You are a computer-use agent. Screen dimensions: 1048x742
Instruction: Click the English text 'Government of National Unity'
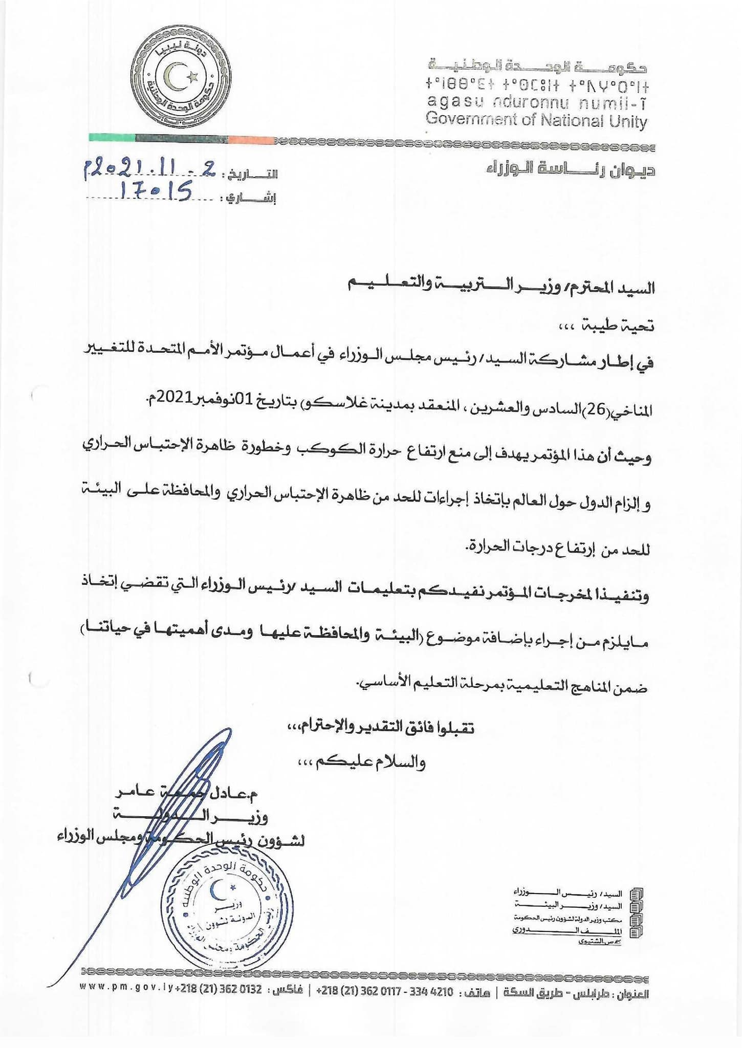coord(536,121)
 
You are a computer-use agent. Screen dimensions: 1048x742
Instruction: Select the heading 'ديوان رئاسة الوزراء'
coord(570,169)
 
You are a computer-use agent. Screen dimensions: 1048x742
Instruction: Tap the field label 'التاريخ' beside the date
coord(250,174)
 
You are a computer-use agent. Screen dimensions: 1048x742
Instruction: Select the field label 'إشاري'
coord(249,198)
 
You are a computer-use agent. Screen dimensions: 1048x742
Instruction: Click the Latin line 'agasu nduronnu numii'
coord(536,102)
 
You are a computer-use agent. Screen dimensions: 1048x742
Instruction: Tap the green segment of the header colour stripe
coord(112,138)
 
